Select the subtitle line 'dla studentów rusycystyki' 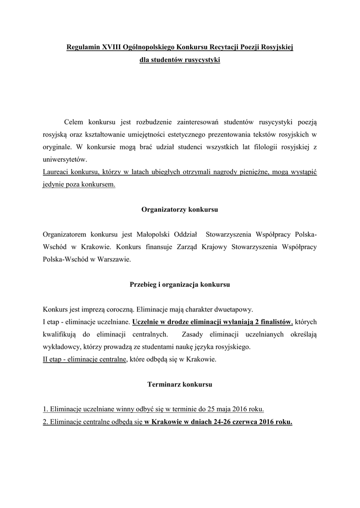180,61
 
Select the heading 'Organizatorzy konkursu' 180,209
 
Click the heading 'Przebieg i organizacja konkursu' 180,285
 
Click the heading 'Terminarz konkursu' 180,384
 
